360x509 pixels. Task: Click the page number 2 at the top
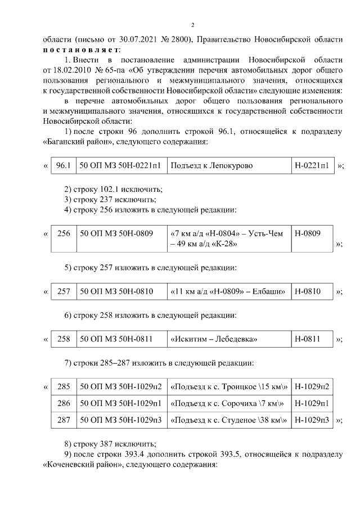pyautogui.click(x=192, y=25)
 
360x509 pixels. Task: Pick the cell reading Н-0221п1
pyautogui.click(x=312, y=166)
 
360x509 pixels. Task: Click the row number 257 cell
pyautogui.click(x=64, y=291)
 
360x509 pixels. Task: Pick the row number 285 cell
pyautogui.click(x=64, y=387)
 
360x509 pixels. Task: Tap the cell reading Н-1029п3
pyautogui.click(x=312, y=420)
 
